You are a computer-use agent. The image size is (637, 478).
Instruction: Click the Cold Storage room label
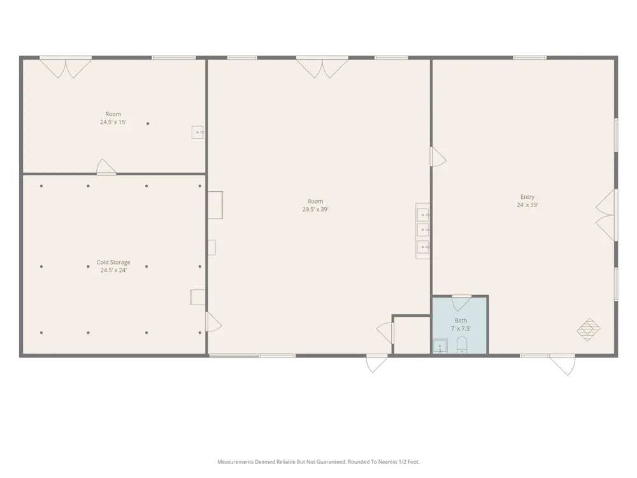coord(113,262)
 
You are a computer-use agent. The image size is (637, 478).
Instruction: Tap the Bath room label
coord(461,321)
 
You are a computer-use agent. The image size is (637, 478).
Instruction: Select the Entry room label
coord(527,197)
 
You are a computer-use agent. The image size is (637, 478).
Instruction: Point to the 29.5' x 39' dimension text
coord(315,209)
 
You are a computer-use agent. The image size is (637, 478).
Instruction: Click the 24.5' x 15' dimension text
coord(113,122)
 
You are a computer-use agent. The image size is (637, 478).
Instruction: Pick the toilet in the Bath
coord(462,345)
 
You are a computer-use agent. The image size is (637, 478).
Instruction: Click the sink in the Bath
coord(440,346)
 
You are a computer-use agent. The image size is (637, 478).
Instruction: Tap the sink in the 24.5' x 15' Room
coord(197,132)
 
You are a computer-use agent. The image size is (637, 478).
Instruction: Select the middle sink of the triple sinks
coord(423,229)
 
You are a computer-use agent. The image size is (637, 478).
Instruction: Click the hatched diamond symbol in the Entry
coord(588,330)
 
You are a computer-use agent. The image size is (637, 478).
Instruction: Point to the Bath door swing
coord(462,303)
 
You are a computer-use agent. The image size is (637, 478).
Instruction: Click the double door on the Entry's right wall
coord(606,215)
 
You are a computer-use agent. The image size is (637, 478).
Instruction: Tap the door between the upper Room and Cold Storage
coord(106,166)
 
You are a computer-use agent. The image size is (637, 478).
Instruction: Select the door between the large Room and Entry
coord(438,157)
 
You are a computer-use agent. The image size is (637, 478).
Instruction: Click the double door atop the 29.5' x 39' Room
coord(322,67)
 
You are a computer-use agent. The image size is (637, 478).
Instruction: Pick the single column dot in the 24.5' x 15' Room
coord(148,124)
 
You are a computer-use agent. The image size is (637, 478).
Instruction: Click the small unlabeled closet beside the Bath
coord(412,335)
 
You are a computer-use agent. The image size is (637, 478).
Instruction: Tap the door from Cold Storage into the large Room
coord(213,321)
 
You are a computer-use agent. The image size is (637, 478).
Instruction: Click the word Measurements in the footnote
coord(235,461)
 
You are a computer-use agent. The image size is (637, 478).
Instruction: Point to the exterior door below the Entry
coord(562,364)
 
